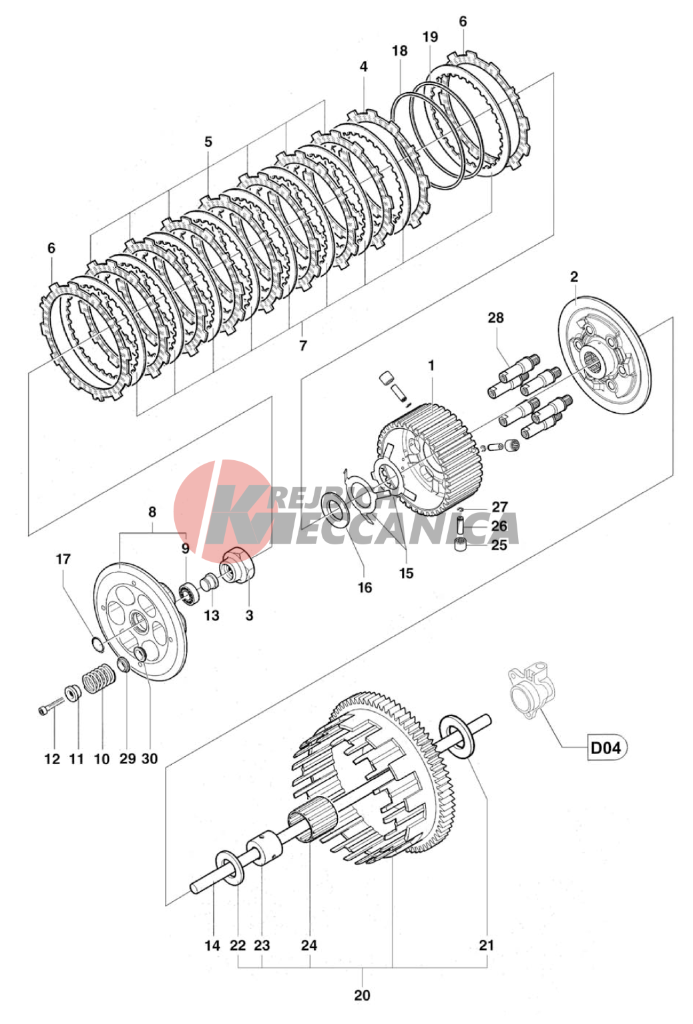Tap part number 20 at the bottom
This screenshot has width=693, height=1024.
[362, 995]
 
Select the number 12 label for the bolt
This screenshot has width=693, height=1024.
[52, 759]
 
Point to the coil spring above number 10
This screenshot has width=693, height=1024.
[99, 679]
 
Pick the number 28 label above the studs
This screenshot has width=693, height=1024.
[495, 317]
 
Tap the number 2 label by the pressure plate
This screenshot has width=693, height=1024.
[574, 277]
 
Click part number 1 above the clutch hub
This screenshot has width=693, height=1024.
[431, 365]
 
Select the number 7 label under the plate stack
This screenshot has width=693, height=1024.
[303, 345]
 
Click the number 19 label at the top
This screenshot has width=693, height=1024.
[430, 37]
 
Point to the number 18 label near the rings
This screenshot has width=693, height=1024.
[399, 51]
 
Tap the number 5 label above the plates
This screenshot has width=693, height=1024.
[208, 142]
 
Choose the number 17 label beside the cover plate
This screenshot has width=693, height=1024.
[63, 559]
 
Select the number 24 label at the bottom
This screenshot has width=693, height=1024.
[309, 945]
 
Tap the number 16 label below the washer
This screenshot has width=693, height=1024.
[365, 587]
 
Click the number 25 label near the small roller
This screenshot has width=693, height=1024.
[499, 545]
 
